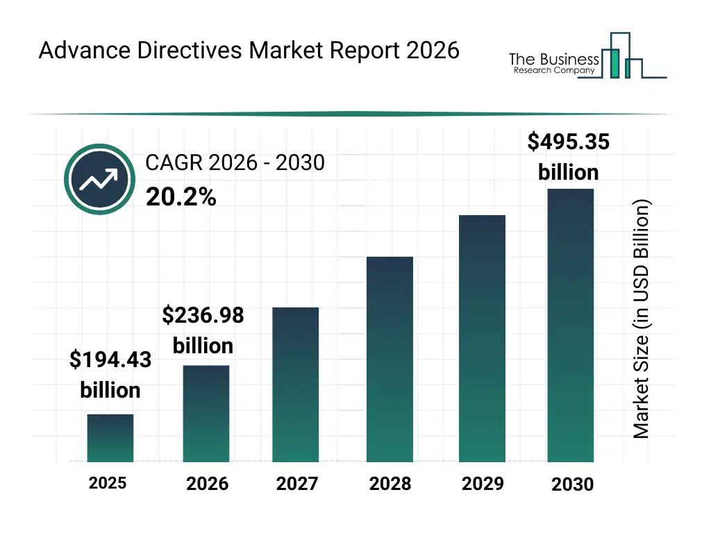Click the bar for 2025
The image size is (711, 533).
(110, 438)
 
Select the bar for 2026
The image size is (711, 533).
(206, 414)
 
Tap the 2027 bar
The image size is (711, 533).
(295, 384)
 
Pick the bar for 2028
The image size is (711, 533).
(390, 359)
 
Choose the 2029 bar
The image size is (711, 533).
(482, 338)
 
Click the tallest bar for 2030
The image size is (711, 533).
(571, 325)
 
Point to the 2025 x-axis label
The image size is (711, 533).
(108, 482)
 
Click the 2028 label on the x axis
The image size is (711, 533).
(390, 483)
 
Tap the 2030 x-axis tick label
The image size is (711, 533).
(572, 484)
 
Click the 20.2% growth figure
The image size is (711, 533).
(181, 198)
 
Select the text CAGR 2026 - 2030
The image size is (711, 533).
(235, 163)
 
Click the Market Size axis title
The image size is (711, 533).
(642, 319)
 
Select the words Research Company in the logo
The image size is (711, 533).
(553, 71)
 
